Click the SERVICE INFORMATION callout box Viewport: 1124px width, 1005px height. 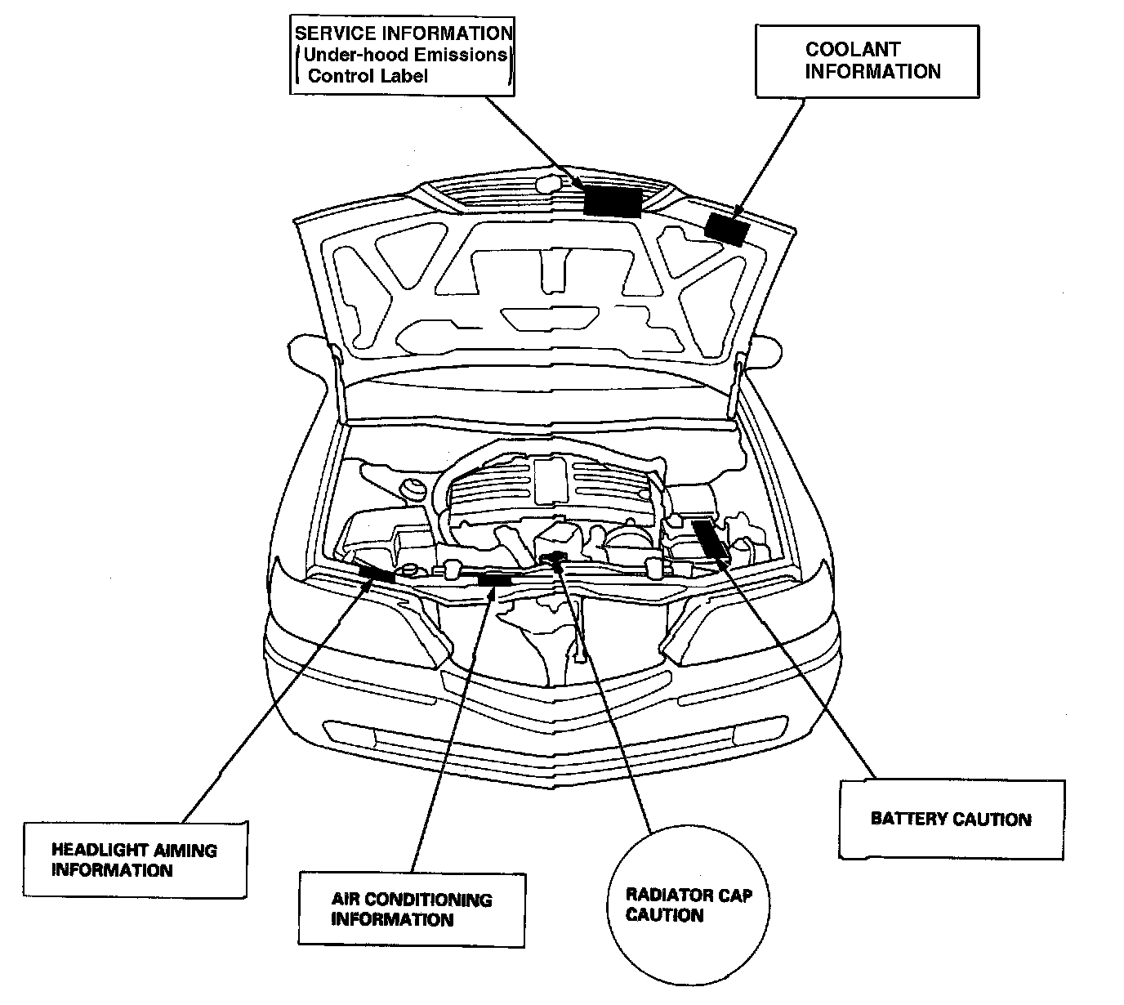tap(402, 56)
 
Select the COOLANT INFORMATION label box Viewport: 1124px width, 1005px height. tap(867, 61)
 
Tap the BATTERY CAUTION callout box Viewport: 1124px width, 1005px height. tap(952, 819)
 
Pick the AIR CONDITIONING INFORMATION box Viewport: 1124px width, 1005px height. tap(411, 909)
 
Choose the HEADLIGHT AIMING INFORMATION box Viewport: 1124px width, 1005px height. tap(134, 860)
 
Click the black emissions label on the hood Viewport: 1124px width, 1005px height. tap(613, 200)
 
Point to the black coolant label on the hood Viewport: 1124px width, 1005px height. tap(726, 229)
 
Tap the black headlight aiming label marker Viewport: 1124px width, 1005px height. tap(377, 574)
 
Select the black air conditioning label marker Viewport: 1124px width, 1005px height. tap(494, 580)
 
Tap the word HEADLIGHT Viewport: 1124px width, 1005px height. tap(100, 850)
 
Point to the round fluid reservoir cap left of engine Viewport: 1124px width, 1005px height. tap(413, 490)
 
